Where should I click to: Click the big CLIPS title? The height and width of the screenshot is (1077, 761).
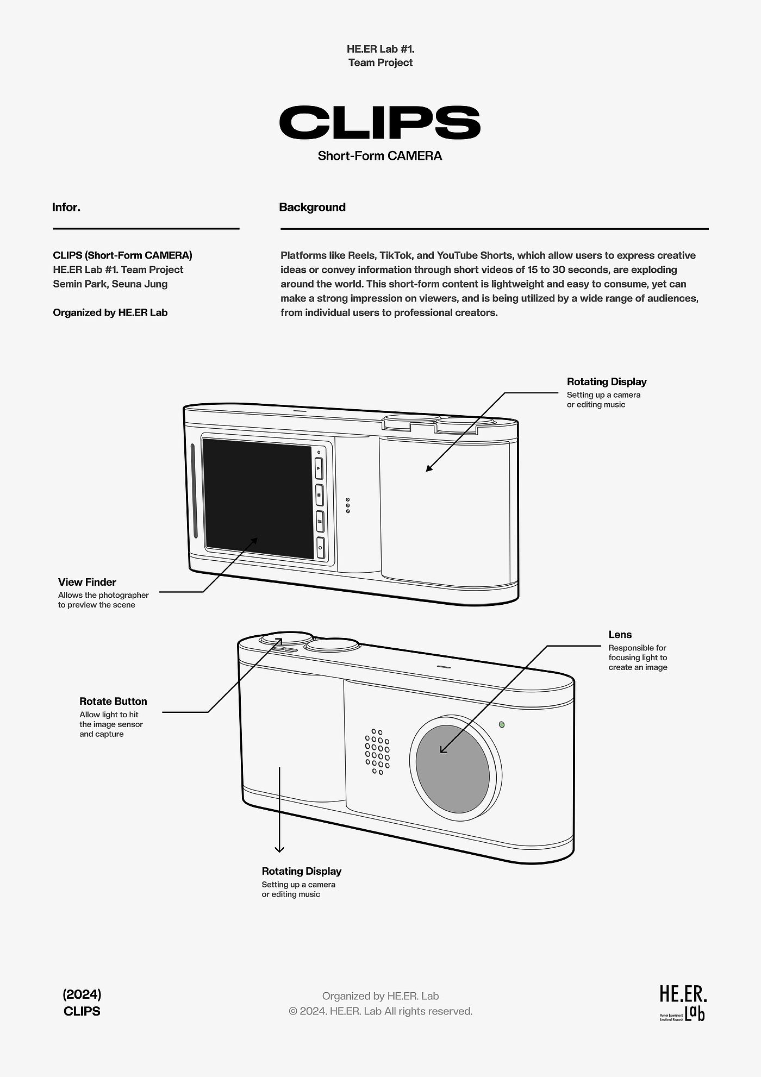(380, 122)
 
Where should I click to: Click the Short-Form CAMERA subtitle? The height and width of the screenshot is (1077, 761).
(380, 156)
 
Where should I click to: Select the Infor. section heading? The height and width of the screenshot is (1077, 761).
(66, 207)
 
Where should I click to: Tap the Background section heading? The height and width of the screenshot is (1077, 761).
(312, 207)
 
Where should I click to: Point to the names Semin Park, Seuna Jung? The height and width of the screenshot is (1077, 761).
(110, 284)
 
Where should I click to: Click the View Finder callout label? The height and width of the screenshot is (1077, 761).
(87, 582)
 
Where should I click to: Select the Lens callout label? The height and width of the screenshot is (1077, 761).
(620, 634)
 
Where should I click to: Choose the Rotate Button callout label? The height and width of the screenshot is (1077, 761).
(113, 701)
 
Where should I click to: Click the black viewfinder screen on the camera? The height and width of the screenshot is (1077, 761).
(258, 499)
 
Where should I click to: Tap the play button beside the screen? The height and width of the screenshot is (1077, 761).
(319, 468)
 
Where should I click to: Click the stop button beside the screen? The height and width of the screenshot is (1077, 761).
(320, 495)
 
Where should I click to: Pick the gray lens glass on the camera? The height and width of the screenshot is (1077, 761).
(452, 768)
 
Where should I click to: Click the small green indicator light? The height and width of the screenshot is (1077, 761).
(502, 724)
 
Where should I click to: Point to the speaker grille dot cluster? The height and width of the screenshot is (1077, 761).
(377, 752)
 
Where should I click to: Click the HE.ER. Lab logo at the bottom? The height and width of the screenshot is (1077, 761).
(683, 1010)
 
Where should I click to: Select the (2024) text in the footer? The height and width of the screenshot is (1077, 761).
(82, 994)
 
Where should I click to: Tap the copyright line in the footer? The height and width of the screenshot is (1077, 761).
(380, 1011)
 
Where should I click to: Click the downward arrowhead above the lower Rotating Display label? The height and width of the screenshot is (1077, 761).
(279, 849)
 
